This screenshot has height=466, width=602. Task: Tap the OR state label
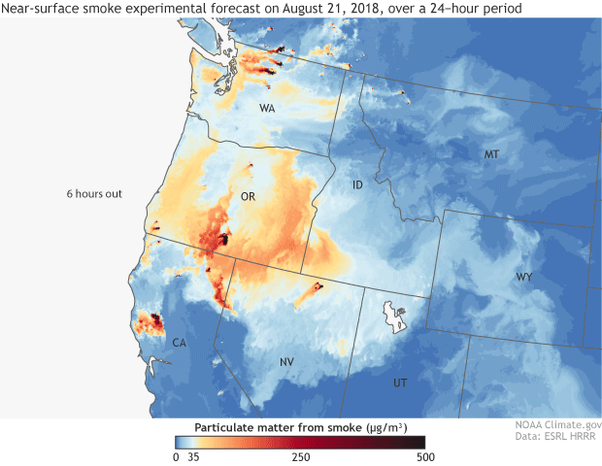(248, 196)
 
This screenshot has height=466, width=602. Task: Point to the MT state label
(492, 155)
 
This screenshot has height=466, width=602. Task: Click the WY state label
(523, 278)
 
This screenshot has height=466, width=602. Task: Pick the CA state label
(179, 343)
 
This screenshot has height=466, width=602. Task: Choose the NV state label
(286, 362)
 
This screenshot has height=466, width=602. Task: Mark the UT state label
(400, 383)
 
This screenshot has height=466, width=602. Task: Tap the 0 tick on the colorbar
(176, 456)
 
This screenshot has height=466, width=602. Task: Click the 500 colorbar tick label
(422, 456)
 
